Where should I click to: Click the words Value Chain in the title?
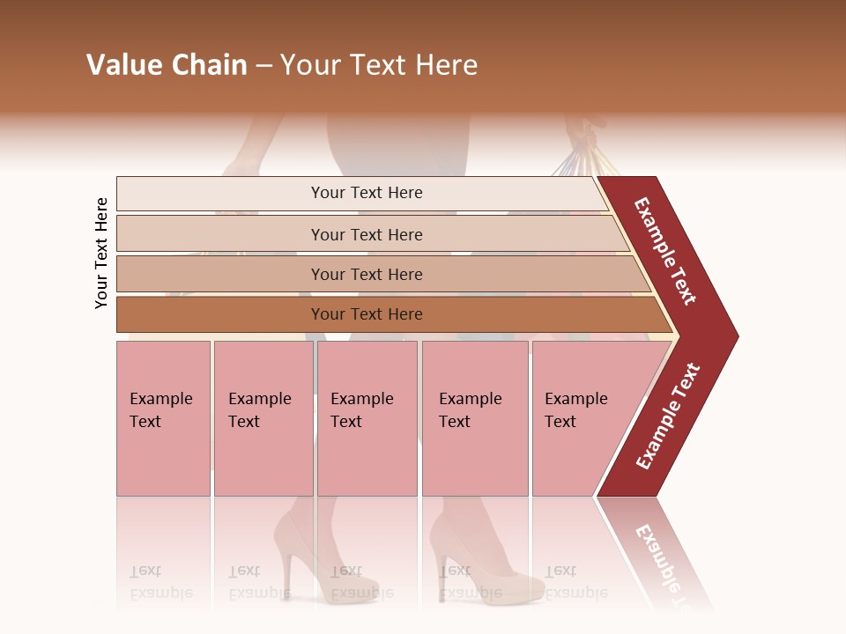pyautogui.click(x=167, y=65)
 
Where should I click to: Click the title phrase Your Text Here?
pyautogui.click(x=379, y=65)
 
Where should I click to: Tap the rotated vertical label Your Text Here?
pyautogui.click(x=101, y=253)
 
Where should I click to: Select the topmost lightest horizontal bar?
pyautogui.click(x=220, y=193)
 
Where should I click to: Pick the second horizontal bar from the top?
pyautogui.click(x=220, y=233)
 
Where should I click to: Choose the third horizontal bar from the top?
pyautogui.click(x=220, y=274)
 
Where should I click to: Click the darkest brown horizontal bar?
pyautogui.click(x=220, y=314)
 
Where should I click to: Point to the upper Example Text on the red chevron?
pyautogui.click(x=666, y=251)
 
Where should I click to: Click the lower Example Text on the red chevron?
pyautogui.click(x=668, y=416)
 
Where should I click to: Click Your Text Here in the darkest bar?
pyautogui.click(x=367, y=314)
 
